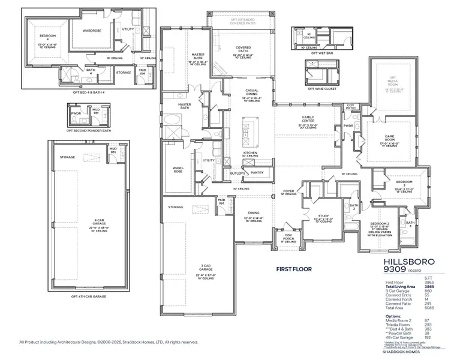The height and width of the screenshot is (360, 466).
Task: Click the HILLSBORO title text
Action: coord(405,262)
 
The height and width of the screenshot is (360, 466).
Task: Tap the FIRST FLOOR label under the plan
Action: coord(294,269)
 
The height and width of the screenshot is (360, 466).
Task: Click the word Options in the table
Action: coord(393,316)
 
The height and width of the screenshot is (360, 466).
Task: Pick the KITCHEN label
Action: coord(250,153)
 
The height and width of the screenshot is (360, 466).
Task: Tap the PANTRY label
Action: coord(257,172)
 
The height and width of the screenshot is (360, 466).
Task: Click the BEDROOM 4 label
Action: coord(40,38)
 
